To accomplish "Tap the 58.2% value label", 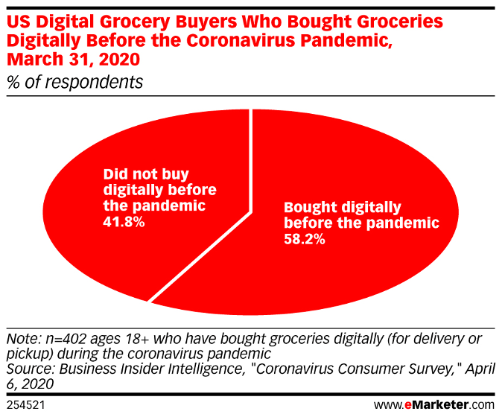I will pos(304,241).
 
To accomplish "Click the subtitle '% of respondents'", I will pos(74,82).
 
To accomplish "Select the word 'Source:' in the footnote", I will pos(31,369).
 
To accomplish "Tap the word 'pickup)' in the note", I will pos(30,353).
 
